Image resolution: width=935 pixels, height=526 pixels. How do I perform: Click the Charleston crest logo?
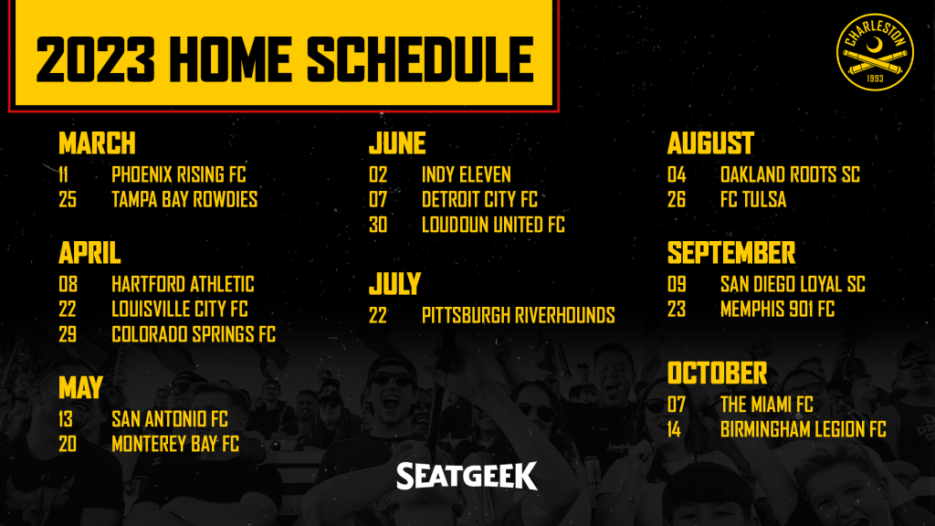[875, 52]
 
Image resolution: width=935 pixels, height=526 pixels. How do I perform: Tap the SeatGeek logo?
[467, 476]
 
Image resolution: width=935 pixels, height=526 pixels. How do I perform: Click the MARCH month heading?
[97, 143]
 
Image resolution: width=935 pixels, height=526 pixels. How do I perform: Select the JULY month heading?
[394, 283]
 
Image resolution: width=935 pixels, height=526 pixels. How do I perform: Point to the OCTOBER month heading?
[717, 373]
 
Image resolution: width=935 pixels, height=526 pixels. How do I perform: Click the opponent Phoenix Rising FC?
[179, 174]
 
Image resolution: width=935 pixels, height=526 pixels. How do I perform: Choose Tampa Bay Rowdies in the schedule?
[184, 200]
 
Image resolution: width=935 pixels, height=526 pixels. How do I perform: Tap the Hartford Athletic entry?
[183, 285]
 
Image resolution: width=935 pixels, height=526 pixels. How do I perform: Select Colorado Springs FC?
[194, 334]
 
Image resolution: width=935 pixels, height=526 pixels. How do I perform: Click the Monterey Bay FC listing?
[175, 445]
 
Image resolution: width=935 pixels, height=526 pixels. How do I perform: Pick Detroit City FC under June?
[479, 200]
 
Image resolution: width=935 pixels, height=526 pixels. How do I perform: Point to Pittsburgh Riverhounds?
[519, 315]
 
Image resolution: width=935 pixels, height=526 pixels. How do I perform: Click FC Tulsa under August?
[753, 200]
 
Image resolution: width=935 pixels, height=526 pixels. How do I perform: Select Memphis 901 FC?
[777, 310]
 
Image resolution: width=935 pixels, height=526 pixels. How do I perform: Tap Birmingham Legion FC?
[804, 430]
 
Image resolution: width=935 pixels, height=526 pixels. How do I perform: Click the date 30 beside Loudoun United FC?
[378, 225]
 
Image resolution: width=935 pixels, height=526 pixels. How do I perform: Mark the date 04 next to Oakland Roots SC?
[677, 174]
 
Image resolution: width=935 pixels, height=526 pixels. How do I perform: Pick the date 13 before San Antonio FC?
[66, 419]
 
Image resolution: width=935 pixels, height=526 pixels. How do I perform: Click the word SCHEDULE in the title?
[420, 59]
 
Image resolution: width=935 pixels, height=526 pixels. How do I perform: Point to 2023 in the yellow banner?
[95, 59]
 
